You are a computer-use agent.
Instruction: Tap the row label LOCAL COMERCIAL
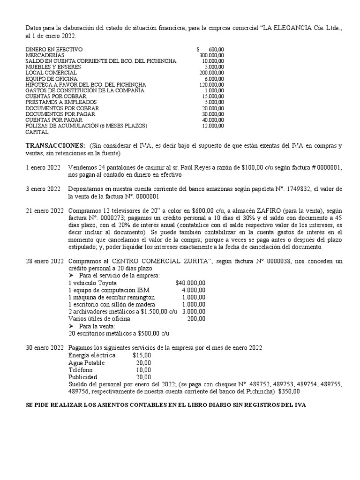point(51,73)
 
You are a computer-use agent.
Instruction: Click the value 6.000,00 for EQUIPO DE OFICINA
point(214,79)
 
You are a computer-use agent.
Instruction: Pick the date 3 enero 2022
point(43,188)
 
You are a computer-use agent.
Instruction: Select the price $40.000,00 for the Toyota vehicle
point(190,283)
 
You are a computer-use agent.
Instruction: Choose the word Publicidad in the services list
point(82,377)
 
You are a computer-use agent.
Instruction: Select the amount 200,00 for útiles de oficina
point(196,319)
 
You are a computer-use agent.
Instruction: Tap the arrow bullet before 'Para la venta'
point(72,326)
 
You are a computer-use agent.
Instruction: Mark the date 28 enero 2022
point(45,261)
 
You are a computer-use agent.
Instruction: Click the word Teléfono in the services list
point(81,370)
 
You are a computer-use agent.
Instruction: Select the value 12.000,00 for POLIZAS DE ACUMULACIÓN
point(213,126)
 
